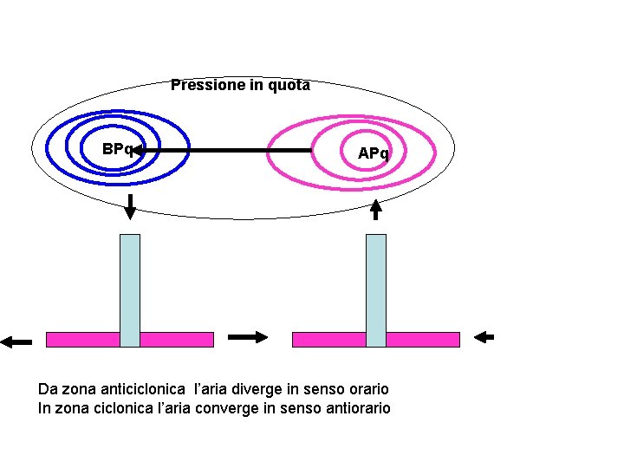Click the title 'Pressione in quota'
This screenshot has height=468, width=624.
pos(240,85)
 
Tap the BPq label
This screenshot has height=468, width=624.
pos(116,149)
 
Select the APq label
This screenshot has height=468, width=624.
pos(374,153)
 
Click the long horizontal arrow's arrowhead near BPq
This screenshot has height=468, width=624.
pos(140,151)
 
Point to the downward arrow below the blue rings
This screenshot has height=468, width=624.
pos(130,208)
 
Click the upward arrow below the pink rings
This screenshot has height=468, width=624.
pos(375,209)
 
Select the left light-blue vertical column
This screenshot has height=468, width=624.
pos(130,290)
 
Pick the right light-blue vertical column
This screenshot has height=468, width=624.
pos(375,290)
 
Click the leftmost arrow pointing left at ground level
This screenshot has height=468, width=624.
pos(16,341)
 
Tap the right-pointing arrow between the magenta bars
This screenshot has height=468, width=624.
pos(248,338)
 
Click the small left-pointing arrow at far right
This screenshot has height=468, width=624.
pos(485,337)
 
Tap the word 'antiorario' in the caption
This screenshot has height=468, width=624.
pos(357,407)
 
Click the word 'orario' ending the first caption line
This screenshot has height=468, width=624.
pos(367,389)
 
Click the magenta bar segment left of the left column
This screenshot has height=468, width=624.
pos(82,339)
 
